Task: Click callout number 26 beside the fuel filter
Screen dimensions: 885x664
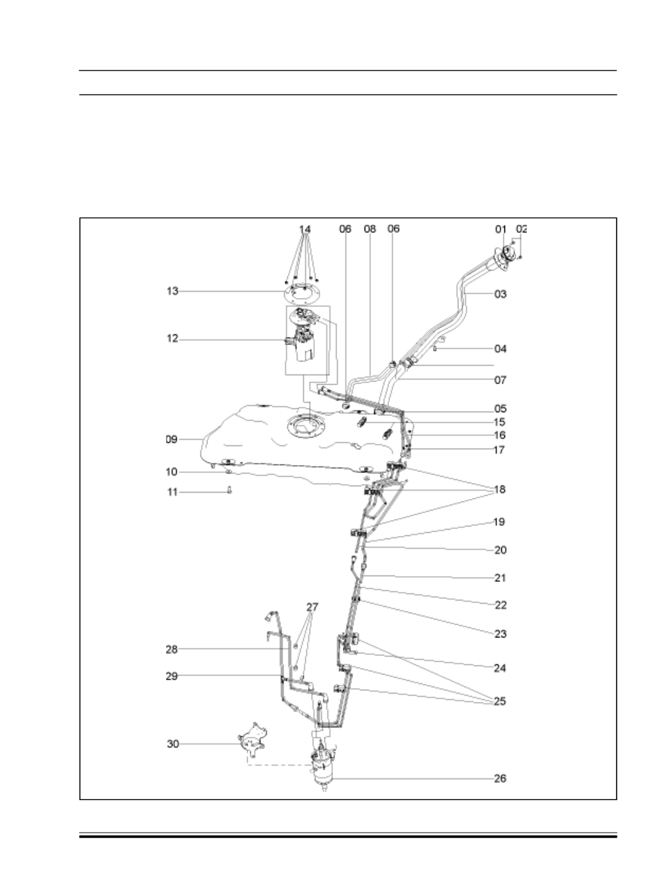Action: click(500, 778)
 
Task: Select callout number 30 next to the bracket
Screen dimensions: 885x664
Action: click(173, 744)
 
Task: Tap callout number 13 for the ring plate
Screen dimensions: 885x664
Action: click(172, 291)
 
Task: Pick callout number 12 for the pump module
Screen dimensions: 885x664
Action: click(172, 339)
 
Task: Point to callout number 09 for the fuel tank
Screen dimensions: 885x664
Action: click(172, 439)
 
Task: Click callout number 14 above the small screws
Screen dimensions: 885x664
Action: click(305, 228)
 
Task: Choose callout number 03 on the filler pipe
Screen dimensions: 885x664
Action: click(500, 294)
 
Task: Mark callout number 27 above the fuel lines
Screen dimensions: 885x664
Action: click(312, 607)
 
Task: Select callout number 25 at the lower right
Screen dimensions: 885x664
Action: click(500, 701)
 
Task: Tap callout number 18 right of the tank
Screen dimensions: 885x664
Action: click(500, 489)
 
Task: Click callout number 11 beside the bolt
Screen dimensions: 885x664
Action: click(172, 493)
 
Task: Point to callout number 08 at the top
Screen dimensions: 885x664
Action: click(370, 228)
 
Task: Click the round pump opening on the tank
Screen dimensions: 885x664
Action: click(307, 426)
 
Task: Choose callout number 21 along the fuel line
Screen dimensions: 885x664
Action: click(500, 578)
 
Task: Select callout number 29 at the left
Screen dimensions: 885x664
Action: click(172, 676)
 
